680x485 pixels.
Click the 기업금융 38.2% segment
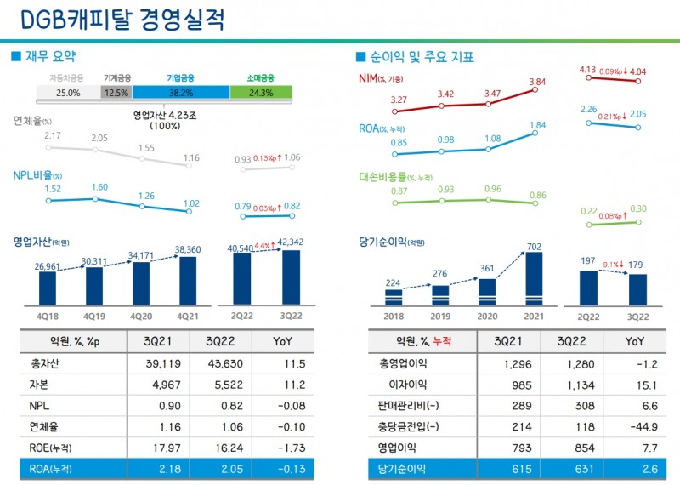pyautogui.click(x=181, y=92)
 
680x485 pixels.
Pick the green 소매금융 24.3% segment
pyautogui.click(x=261, y=92)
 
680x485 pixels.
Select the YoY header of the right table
pyautogui.click(x=634, y=341)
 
